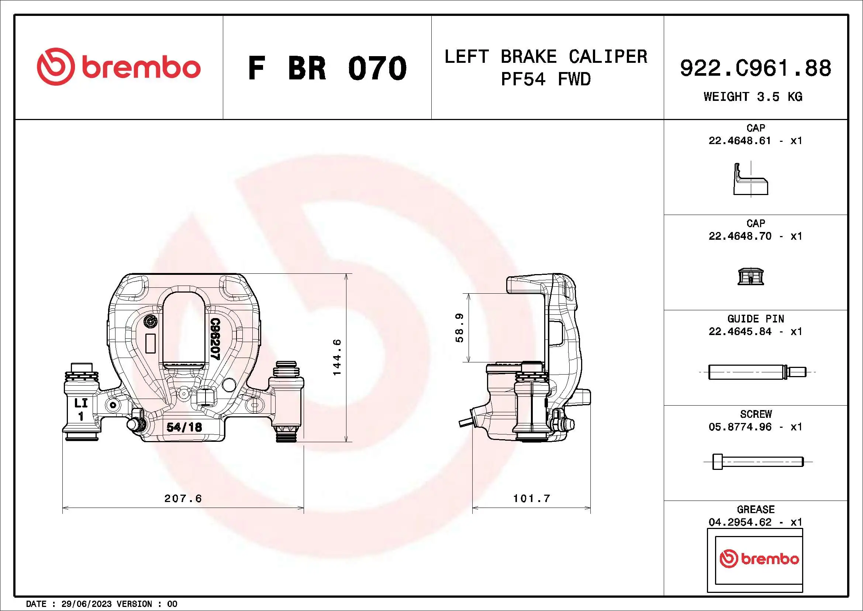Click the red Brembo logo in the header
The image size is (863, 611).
pyautogui.click(x=118, y=67)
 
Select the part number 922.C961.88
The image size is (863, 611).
pyautogui.click(x=756, y=68)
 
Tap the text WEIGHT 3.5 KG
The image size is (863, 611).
pyautogui.click(x=753, y=97)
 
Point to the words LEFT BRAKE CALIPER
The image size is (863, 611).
pyautogui.click(x=546, y=57)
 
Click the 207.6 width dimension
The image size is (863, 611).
pyautogui.click(x=183, y=498)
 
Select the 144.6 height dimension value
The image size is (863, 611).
pyautogui.click(x=337, y=357)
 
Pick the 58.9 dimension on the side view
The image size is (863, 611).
pyautogui.click(x=459, y=328)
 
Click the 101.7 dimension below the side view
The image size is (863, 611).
pyautogui.click(x=531, y=498)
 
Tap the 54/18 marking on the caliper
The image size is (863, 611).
pyautogui.click(x=184, y=427)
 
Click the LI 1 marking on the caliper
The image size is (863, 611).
pyautogui.click(x=81, y=409)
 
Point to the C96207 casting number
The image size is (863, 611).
pyautogui.click(x=215, y=339)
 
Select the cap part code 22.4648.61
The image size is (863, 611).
pyautogui.click(x=740, y=141)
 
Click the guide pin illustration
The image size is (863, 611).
pyautogui.click(x=757, y=372)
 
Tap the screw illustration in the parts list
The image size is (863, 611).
pyautogui.click(x=758, y=462)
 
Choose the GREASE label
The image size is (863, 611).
pyautogui.click(x=756, y=509)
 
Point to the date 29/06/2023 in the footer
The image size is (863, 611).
pyautogui.click(x=86, y=604)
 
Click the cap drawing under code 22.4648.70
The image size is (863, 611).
pyautogui.click(x=750, y=277)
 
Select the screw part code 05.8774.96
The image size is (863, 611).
pyautogui.click(x=740, y=427)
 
